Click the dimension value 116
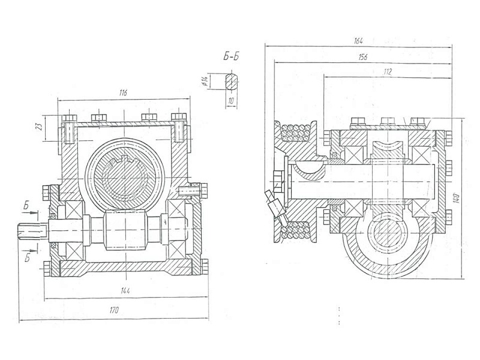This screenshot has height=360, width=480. tap(123, 94)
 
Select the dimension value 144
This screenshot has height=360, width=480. tap(125, 290)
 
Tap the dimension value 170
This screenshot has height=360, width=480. tap(113, 310)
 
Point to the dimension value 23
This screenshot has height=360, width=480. tap(39, 127)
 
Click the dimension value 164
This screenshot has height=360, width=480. tap(358, 40)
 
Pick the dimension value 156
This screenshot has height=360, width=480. tap(362, 57)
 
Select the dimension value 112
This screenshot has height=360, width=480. tap(387, 72)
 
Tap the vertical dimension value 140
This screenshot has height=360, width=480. tap(457, 199)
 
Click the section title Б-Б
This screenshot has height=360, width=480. tap(231, 56)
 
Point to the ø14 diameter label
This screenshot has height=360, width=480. tap(205, 81)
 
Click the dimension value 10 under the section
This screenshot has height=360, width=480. tap(232, 100)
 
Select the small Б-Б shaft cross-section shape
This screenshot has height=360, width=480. tap(232, 81)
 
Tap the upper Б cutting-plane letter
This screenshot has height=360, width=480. tap(26, 206)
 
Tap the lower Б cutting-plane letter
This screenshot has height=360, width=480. tap(27, 258)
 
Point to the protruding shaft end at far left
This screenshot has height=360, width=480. tap(32, 231)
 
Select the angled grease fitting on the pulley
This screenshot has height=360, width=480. tap(275, 205)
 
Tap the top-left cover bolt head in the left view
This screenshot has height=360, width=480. tap(70, 118)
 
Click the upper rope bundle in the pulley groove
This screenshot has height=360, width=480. tap(296, 133)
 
